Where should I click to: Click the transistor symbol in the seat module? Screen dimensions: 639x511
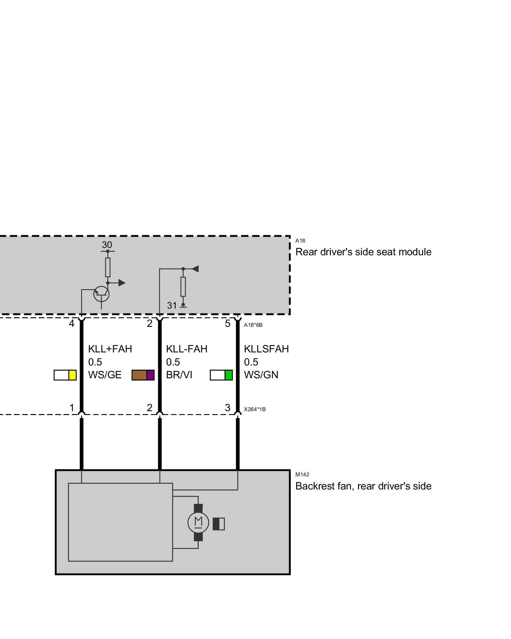click(101, 294)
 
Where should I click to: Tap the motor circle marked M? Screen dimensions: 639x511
click(198, 523)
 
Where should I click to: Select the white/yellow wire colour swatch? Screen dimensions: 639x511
click(65, 375)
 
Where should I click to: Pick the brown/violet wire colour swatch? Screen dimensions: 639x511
click(143, 375)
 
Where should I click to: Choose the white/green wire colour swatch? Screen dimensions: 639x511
click(221, 375)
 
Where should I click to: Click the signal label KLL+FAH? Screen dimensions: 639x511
click(110, 349)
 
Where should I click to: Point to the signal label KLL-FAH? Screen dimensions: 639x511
click(187, 349)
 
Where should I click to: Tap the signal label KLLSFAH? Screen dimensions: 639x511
click(266, 349)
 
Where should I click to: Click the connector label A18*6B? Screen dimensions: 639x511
click(253, 325)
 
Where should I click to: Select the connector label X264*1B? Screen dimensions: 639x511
click(255, 409)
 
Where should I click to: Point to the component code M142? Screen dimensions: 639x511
click(302, 474)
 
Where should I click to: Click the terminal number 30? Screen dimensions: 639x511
click(107, 245)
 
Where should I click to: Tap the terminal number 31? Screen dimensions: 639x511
click(172, 306)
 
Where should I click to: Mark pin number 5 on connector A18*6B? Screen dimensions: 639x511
click(227, 324)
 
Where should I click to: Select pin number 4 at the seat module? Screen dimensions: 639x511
click(72, 324)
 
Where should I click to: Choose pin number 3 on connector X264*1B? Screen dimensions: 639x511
click(227, 408)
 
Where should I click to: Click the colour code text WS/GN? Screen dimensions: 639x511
click(261, 375)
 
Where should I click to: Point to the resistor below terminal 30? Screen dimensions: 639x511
click(108, 267)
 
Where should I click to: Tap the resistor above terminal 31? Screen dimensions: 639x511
click(183, 287)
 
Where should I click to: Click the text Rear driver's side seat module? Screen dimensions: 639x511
click(363, 252)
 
